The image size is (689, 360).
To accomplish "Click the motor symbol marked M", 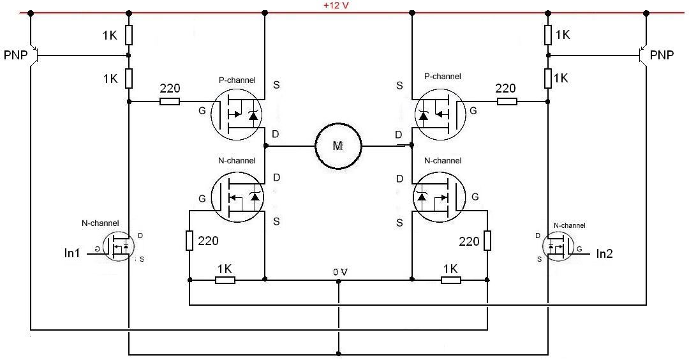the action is [338, 146].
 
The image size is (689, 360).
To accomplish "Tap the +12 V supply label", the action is [336, 6].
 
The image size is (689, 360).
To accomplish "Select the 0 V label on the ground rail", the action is [340, 273].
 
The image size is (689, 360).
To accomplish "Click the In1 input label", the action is [72, 253].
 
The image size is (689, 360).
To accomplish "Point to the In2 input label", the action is [604, 253].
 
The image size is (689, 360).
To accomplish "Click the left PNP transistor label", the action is [15, 56].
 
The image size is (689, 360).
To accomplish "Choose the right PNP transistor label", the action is [662, 56].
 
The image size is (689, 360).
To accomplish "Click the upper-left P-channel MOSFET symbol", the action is [237, 114].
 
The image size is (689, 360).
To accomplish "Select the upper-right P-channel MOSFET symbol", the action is [440, 114].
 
